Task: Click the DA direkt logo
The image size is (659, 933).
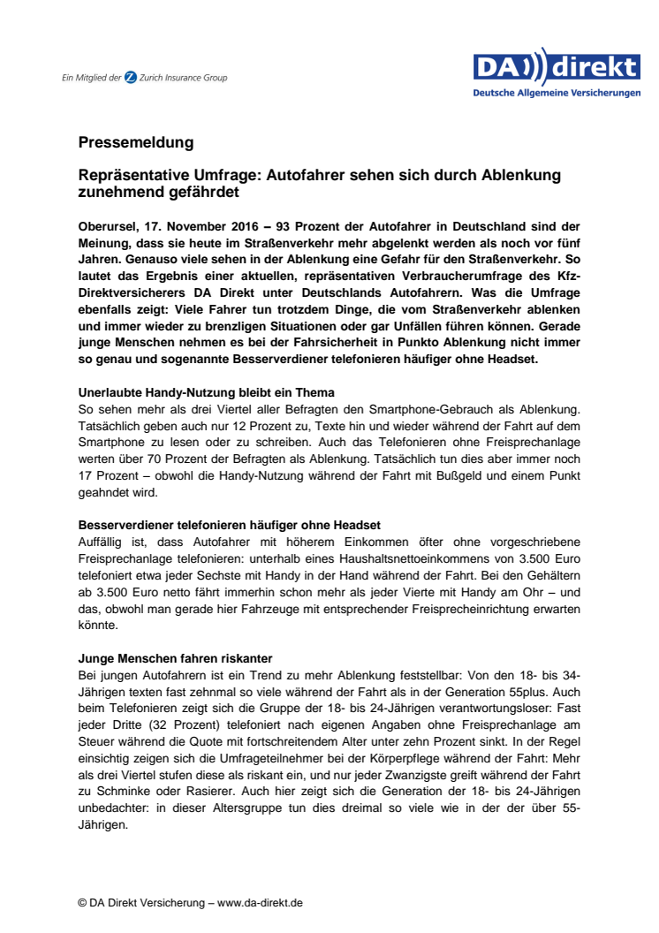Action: tap(557, 67)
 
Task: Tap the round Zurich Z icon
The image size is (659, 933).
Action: tap(131, 78)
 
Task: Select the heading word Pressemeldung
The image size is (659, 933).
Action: tap(135, 142)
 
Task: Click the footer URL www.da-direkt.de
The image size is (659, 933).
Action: tap(260, 902)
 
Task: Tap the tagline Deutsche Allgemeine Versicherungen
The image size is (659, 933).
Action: tap(557, 92)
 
